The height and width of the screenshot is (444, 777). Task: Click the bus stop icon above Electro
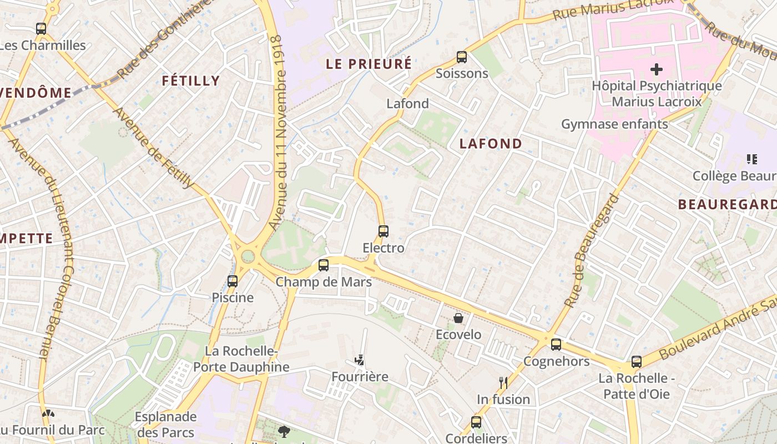tap(383, 231)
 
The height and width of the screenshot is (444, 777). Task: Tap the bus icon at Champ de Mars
tap(324, 265)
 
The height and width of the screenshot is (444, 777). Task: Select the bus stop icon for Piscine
tap(233, 281)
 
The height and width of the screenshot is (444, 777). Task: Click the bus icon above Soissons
tap(461, 57)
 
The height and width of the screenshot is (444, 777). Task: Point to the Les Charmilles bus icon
tap(41, 29)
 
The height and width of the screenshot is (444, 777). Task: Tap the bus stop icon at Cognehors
tap(556, 345)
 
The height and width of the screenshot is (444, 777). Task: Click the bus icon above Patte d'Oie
tap(636, 362)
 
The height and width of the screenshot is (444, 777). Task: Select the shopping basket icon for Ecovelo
tap(458, 318)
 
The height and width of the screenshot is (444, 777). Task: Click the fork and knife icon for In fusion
tap(503, 382)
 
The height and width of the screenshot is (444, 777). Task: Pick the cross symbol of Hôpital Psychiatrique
tap(657, 69)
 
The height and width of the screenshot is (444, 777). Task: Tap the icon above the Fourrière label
tap(361, 360)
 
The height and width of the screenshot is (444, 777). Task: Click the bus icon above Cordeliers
tap(476, 422)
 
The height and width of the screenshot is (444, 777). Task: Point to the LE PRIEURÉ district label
tap(369, 64)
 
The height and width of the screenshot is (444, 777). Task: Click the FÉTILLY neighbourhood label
tap(191, 81)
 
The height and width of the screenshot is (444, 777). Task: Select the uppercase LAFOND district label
tap(491, 144)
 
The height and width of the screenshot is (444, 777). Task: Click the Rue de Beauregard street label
tap(591, 251)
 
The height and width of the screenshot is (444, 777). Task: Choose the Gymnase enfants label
tap(614, 124)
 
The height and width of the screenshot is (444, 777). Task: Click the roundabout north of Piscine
tap(248, 256)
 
